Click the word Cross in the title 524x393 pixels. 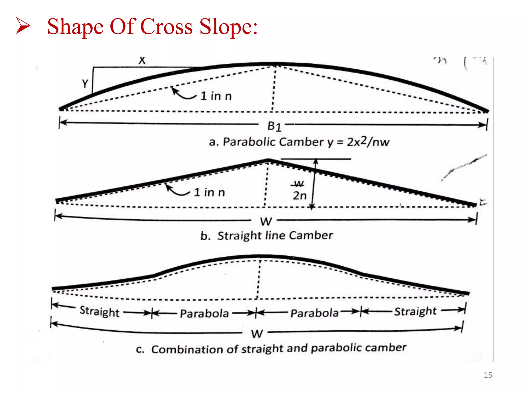166,27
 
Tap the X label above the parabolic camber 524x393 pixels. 142,61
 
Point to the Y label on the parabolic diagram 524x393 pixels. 85,84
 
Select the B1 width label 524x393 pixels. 274,126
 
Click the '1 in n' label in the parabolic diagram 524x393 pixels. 216,96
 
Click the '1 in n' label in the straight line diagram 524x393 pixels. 209,192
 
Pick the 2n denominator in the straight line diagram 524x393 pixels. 300,196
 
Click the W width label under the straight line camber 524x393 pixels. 266,222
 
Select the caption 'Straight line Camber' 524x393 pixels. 275,235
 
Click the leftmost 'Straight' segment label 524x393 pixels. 100,312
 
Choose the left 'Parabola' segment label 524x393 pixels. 204,313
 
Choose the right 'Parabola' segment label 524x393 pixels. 314,313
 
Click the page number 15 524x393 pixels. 488,375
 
